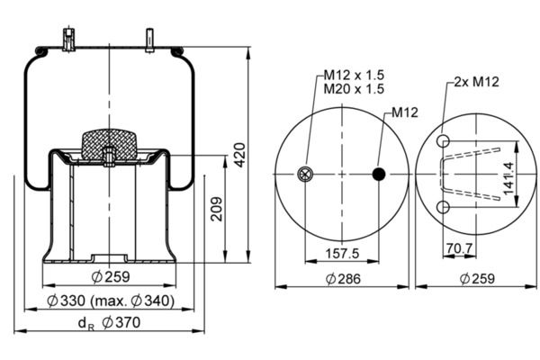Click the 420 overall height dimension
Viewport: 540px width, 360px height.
pos(240,155)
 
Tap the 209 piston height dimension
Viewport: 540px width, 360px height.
pos(217,209)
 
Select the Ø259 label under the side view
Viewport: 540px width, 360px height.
pos(111,276)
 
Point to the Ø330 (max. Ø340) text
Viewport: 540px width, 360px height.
pos(111,301)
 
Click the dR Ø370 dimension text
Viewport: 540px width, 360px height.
pos(109,323)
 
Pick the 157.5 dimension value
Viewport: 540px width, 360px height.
pos(342,254)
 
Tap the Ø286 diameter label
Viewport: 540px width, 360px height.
pos(343,279)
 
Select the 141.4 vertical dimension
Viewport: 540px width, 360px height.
pos(508,178)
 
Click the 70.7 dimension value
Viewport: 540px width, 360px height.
pos(459,247)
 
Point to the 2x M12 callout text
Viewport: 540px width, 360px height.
pos(477,82)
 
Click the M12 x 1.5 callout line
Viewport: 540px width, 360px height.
pos(354,75)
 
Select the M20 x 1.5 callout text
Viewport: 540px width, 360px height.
pos(354,89)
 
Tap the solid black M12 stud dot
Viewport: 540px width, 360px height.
pos(379,174)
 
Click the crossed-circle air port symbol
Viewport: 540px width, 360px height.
pos(305,174)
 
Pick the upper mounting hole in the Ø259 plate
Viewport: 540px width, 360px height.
pos(443,141)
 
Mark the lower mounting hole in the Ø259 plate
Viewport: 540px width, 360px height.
pos(443,207)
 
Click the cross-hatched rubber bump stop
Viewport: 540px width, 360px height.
pos(109,144)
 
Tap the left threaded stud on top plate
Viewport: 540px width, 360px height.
pos(69,40)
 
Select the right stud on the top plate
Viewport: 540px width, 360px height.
pos(149,40)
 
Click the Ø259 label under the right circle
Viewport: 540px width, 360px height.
pos(477,279)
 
